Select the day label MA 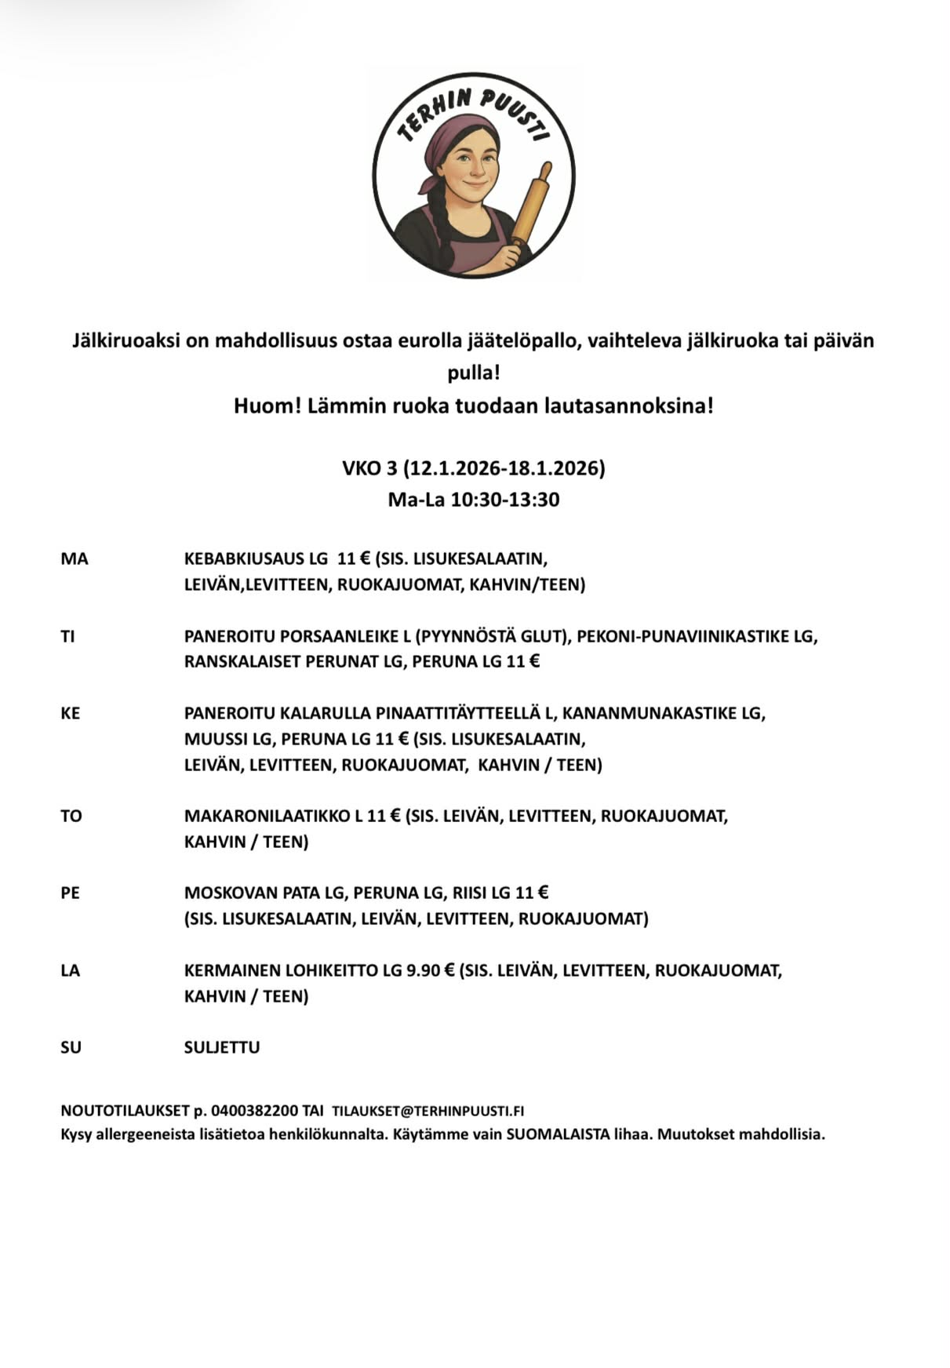click(75, 559)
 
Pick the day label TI click(68, 636)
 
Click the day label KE click(71, 714)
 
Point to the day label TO click(71, 816)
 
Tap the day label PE click(71, 893)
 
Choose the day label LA click(71, 970)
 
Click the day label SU click(71, 1047)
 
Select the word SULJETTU click(222, 1047)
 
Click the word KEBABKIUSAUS click(244, 559)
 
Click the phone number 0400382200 click(255, 1111)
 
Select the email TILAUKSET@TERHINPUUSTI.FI click(428, 1111)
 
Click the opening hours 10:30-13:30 click(504, 500)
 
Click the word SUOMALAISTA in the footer click(558, 1134)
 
